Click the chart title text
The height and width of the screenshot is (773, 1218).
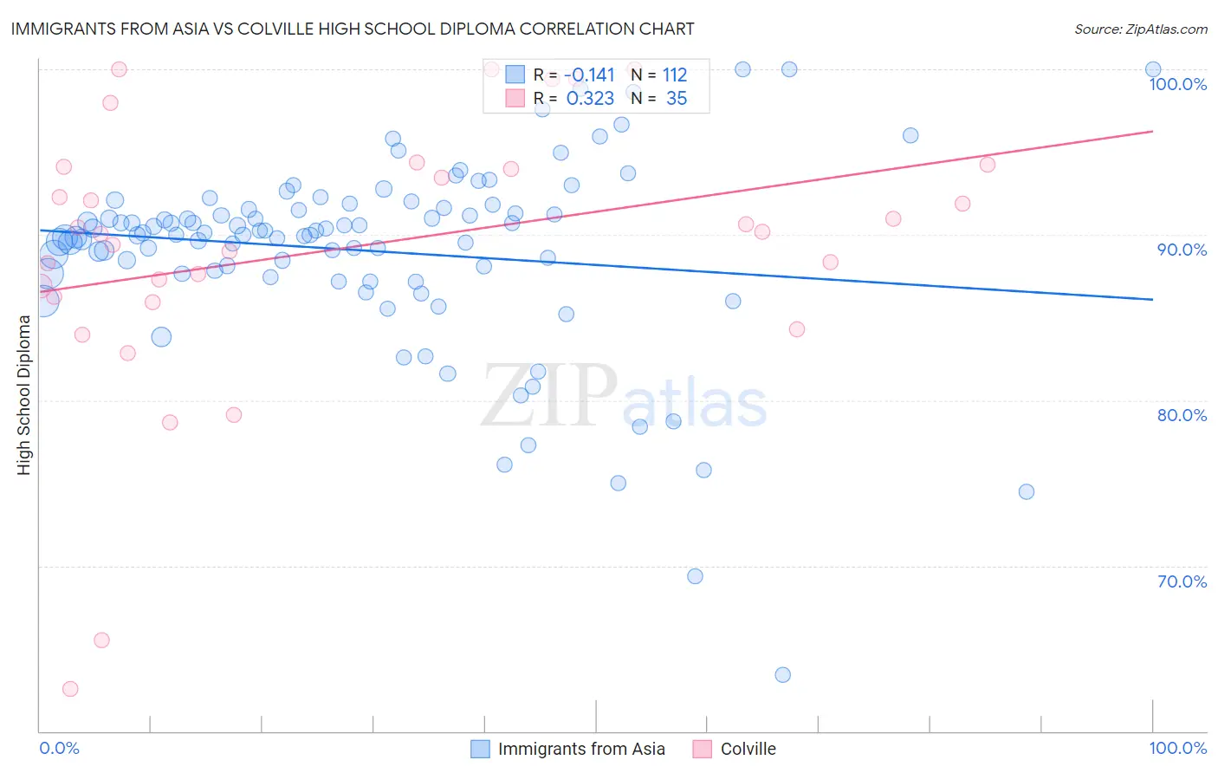point(352,29)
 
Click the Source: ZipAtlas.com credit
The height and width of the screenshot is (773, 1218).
point(1140,29)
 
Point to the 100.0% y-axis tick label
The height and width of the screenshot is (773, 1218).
point(1177,84)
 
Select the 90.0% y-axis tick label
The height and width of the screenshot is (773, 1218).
point(1182,250)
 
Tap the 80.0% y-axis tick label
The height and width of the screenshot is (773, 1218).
point(1182,415)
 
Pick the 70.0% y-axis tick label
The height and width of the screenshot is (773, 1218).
point(1182,581)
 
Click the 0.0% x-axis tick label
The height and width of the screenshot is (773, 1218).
point(59,748)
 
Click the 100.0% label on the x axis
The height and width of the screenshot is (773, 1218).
point(1177,748)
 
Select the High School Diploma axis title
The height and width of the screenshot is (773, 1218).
point(24,394)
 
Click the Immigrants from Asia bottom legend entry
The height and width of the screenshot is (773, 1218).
point(580,749)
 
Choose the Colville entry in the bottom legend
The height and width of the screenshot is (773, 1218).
point(748,749)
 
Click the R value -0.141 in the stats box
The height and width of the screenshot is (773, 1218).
point(589,75)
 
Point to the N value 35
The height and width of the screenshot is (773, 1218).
point(676,99)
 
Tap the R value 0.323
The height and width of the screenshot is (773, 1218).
point(590,99)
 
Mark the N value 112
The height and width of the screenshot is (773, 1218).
point(674,75)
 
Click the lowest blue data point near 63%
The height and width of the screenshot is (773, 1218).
point(783,675)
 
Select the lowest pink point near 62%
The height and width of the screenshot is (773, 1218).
point(70,689)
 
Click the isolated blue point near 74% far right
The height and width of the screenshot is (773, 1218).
point(1027,491)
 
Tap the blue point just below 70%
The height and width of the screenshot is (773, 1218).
point(695,576)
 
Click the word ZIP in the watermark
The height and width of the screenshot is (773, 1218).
point(549,396)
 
